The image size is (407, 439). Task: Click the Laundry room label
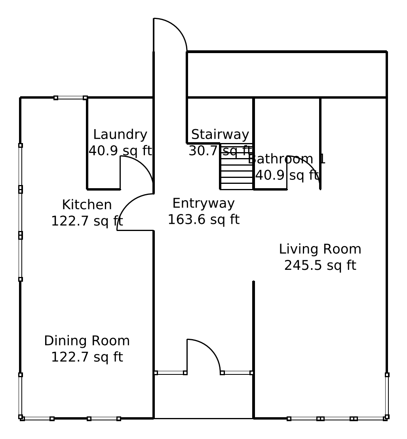[120, 135]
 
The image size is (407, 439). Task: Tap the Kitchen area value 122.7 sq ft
[87, 221]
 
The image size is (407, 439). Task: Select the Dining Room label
[87, 341]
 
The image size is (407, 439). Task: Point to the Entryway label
[203, 203]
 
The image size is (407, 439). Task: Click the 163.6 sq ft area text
[203, 219]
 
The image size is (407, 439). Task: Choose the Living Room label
[320, 249]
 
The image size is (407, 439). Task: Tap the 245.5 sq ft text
[320, 265]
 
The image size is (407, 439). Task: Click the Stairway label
[220, 135]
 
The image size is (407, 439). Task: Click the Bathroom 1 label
[287, 159]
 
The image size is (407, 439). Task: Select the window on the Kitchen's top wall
[70, 97]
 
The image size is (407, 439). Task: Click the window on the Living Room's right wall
[387, 395]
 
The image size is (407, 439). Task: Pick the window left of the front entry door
[170, 372]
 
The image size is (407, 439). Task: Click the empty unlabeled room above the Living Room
[286, 74]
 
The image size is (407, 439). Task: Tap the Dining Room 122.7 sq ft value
[87, 357]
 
